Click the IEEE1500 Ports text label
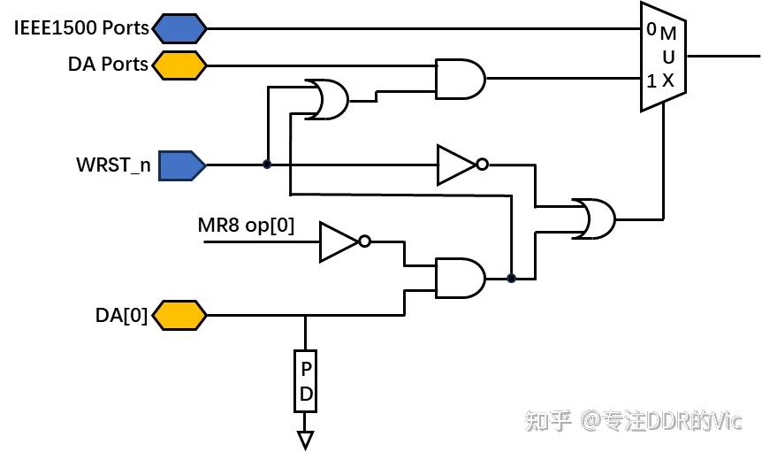pyautogui.click(x=82, y=27)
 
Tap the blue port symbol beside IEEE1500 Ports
pyautogui.click(x=179, y=28)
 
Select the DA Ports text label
pyautogui.click(x=108, y=65)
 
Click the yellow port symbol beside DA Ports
pyautogui.click(x=179, y=65)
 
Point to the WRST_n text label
pyautogui.click(x=113, y=165)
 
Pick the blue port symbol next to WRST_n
pyautogui.click(x=181, y=165)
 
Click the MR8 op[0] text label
pyautogui.click(x=246, y=226)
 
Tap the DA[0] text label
pyautogui.click(x=122, y=315)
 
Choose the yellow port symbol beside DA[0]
pyautogui.click(x=179, y=315)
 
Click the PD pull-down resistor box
pyautogui.click(x=306, y=381)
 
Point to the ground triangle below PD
pyautogui.click(x=306, y=439)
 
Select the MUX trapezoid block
pyautogui.click(x=663, y=57)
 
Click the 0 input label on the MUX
pyautogui.click(x=651, y=29)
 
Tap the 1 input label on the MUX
pyautogui.click(x=651, y=81)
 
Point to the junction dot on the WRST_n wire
pyautogui.click(x=267, y=165)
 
